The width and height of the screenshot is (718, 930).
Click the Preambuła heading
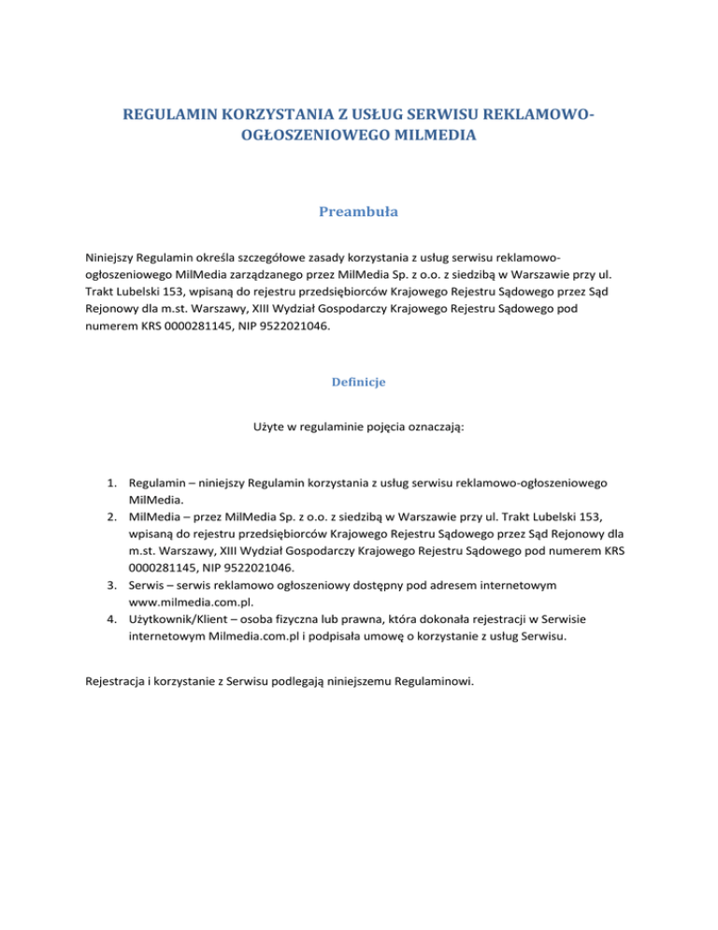coord(358,212)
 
